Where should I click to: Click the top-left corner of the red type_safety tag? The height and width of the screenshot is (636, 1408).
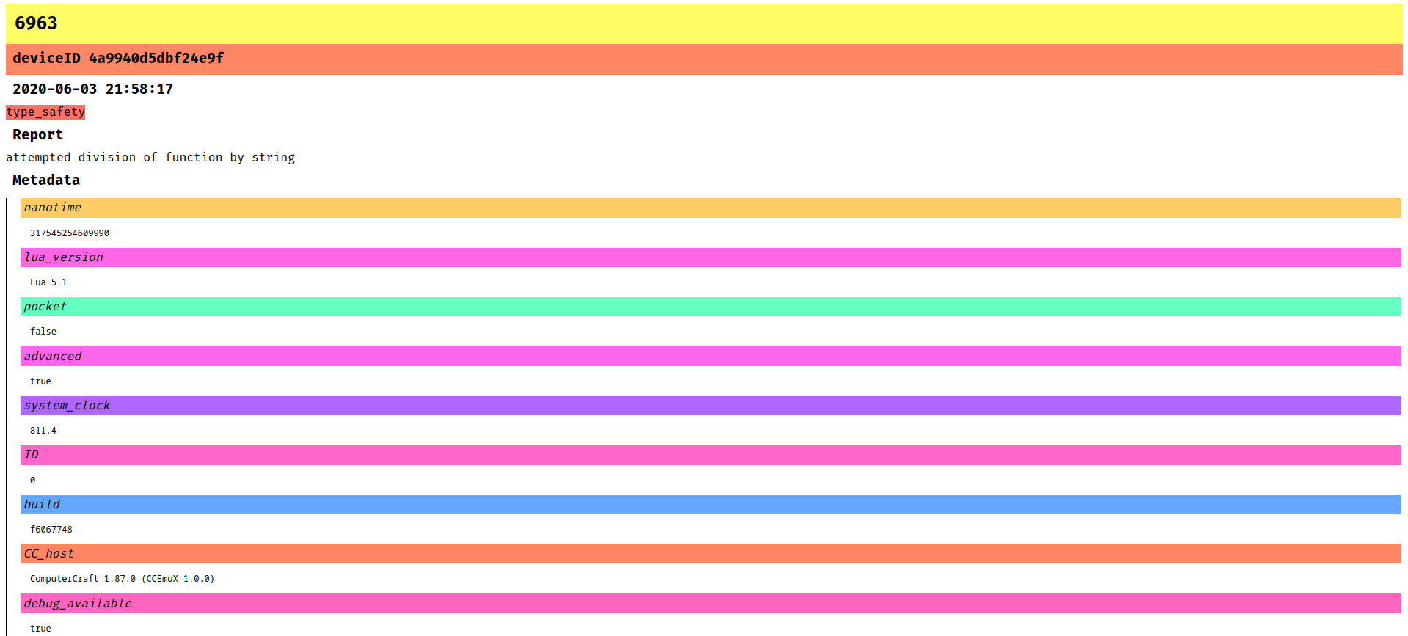(6, 105)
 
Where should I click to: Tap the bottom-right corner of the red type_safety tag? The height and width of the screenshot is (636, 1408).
(85, 119)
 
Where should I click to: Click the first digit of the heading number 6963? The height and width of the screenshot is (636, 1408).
(20, 23)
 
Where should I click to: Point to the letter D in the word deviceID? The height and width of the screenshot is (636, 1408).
(76, 58)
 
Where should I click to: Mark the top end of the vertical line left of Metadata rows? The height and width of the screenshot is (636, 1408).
(6, 198)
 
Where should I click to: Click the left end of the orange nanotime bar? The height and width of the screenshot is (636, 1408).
(21, 208)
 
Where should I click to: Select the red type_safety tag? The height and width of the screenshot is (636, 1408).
(45, 112)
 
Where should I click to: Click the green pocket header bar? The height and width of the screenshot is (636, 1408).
(710, 307)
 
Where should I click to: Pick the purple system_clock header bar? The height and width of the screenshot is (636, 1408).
(710, 406)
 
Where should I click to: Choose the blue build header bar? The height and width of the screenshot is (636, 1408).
(710, 505)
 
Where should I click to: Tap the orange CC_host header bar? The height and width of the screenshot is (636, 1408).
(710, 554)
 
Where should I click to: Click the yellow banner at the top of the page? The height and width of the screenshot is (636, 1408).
(704, 24)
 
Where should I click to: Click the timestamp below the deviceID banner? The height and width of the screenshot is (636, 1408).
(93, 89)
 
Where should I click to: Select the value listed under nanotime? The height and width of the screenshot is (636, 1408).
(70, 233)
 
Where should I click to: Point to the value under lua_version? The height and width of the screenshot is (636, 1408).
(48, 282)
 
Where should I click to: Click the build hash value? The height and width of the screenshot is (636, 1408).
(51, 530)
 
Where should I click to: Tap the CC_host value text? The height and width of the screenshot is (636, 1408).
(123, 579)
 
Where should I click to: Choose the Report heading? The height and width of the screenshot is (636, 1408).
(37, 134)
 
